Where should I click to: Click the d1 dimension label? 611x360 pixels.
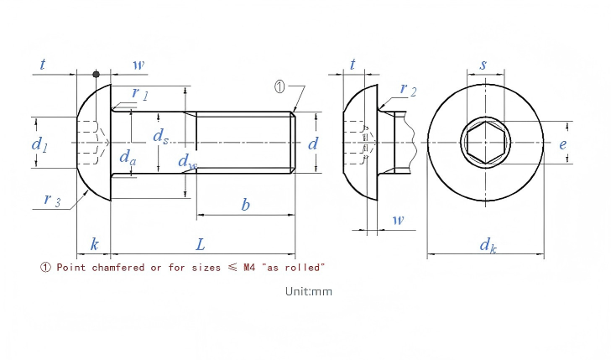coord(39,144)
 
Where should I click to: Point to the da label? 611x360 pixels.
coord(128,157)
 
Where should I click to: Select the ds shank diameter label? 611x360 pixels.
coord(161,136)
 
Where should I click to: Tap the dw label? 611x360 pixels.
coord(187,161)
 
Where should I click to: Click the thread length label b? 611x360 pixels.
coord(245,204)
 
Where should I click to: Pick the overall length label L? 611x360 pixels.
coord(200,245)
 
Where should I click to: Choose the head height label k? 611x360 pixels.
coord(94,244)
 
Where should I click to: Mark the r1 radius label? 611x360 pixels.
coord(140,93)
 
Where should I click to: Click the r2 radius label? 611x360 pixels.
coord(408,89)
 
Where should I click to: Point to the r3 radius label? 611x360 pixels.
coord(52,200)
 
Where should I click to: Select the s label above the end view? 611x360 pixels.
coord(483,65)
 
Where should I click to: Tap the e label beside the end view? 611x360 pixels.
coord(562,144)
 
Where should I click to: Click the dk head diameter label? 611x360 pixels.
coord(488,245)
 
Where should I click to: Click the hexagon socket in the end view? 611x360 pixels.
coord(485,142)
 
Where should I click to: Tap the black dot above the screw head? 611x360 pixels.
coord(96,74)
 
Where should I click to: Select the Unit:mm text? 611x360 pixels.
coord(309,291)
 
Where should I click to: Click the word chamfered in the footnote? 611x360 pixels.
coord(118,267)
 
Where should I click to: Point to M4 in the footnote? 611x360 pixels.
coord(249,267)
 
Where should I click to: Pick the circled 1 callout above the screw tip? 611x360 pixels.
coord(279,87)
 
